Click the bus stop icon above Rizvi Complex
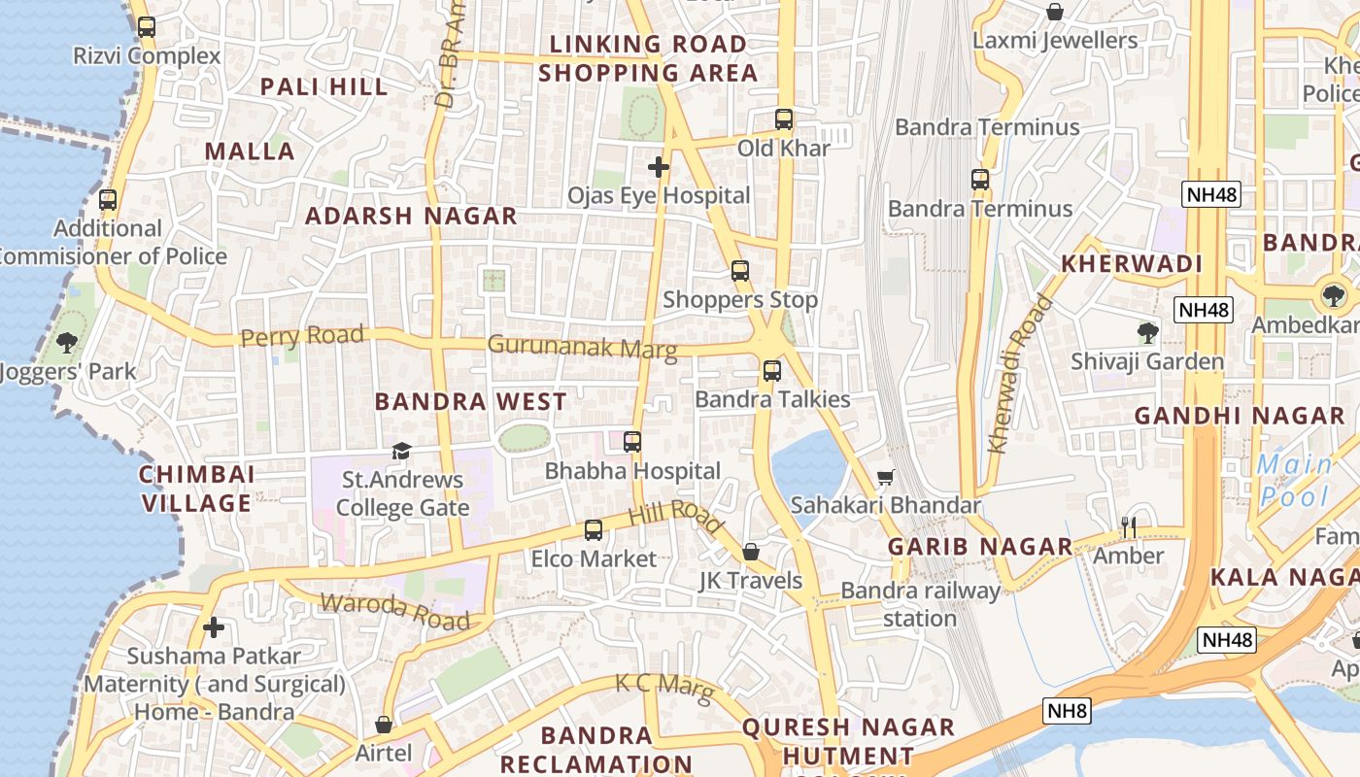pyautogui.click(x=146, y=27)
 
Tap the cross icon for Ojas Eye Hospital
pyautogui.click(x=659, y=167)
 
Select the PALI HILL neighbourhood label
pyautogui.click(x=323, y=86)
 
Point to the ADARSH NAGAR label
pyautogui.click(x=411, y=216)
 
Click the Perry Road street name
pyautogui.click(x=302, y=337)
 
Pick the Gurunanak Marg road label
pyautogui.click(x=583, y=347)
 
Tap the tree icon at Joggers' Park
pyautogui.click(x=67, y=342)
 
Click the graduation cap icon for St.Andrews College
pyautogui.click(x=401, y=451)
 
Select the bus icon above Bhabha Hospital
pyautogui.click(x=632, y=442)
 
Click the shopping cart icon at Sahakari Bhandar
pyautogui.click(x=885, y=477)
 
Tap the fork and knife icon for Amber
pyautogui.click(x=1128, y=527)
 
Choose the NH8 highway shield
pyautogui.click(x=1067, y=711)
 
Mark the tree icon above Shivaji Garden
pyautogui.click(x=1147, y=333)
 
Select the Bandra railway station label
pyautogui.click(x=919, y=604)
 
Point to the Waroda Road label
pyautogui.click(x=394, y=610)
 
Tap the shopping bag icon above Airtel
pyautogui.click(x=384, y=725)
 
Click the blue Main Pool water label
pyautogui.click(x=1295, y=481)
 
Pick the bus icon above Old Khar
pyautogui.click(x=784, y=119)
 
